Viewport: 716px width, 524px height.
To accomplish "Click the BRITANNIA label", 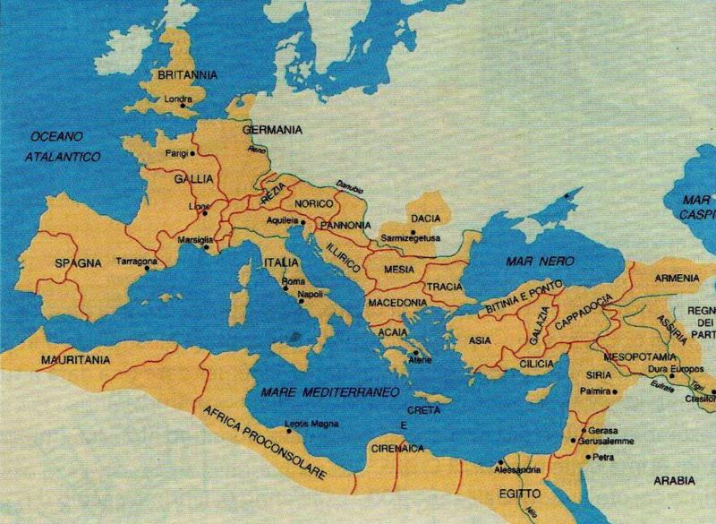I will click(x=183, y=76).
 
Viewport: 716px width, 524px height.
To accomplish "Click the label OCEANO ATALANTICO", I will click(x=64, y=146).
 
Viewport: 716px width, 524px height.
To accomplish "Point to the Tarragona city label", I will click(x=137, y=262).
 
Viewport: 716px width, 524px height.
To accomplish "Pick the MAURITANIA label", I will click(x=74, y=359).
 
